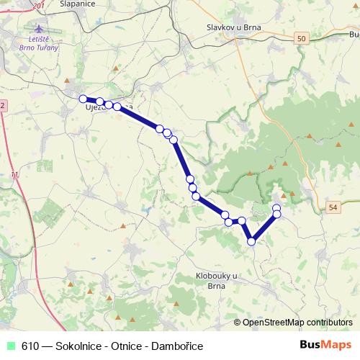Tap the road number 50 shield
point(300,37)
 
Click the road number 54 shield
point(332,207)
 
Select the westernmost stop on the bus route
point(83,99)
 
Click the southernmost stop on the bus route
point(252,242)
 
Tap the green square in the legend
point(10,346)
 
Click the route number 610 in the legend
point(29,346)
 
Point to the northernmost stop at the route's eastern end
point(276,208)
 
